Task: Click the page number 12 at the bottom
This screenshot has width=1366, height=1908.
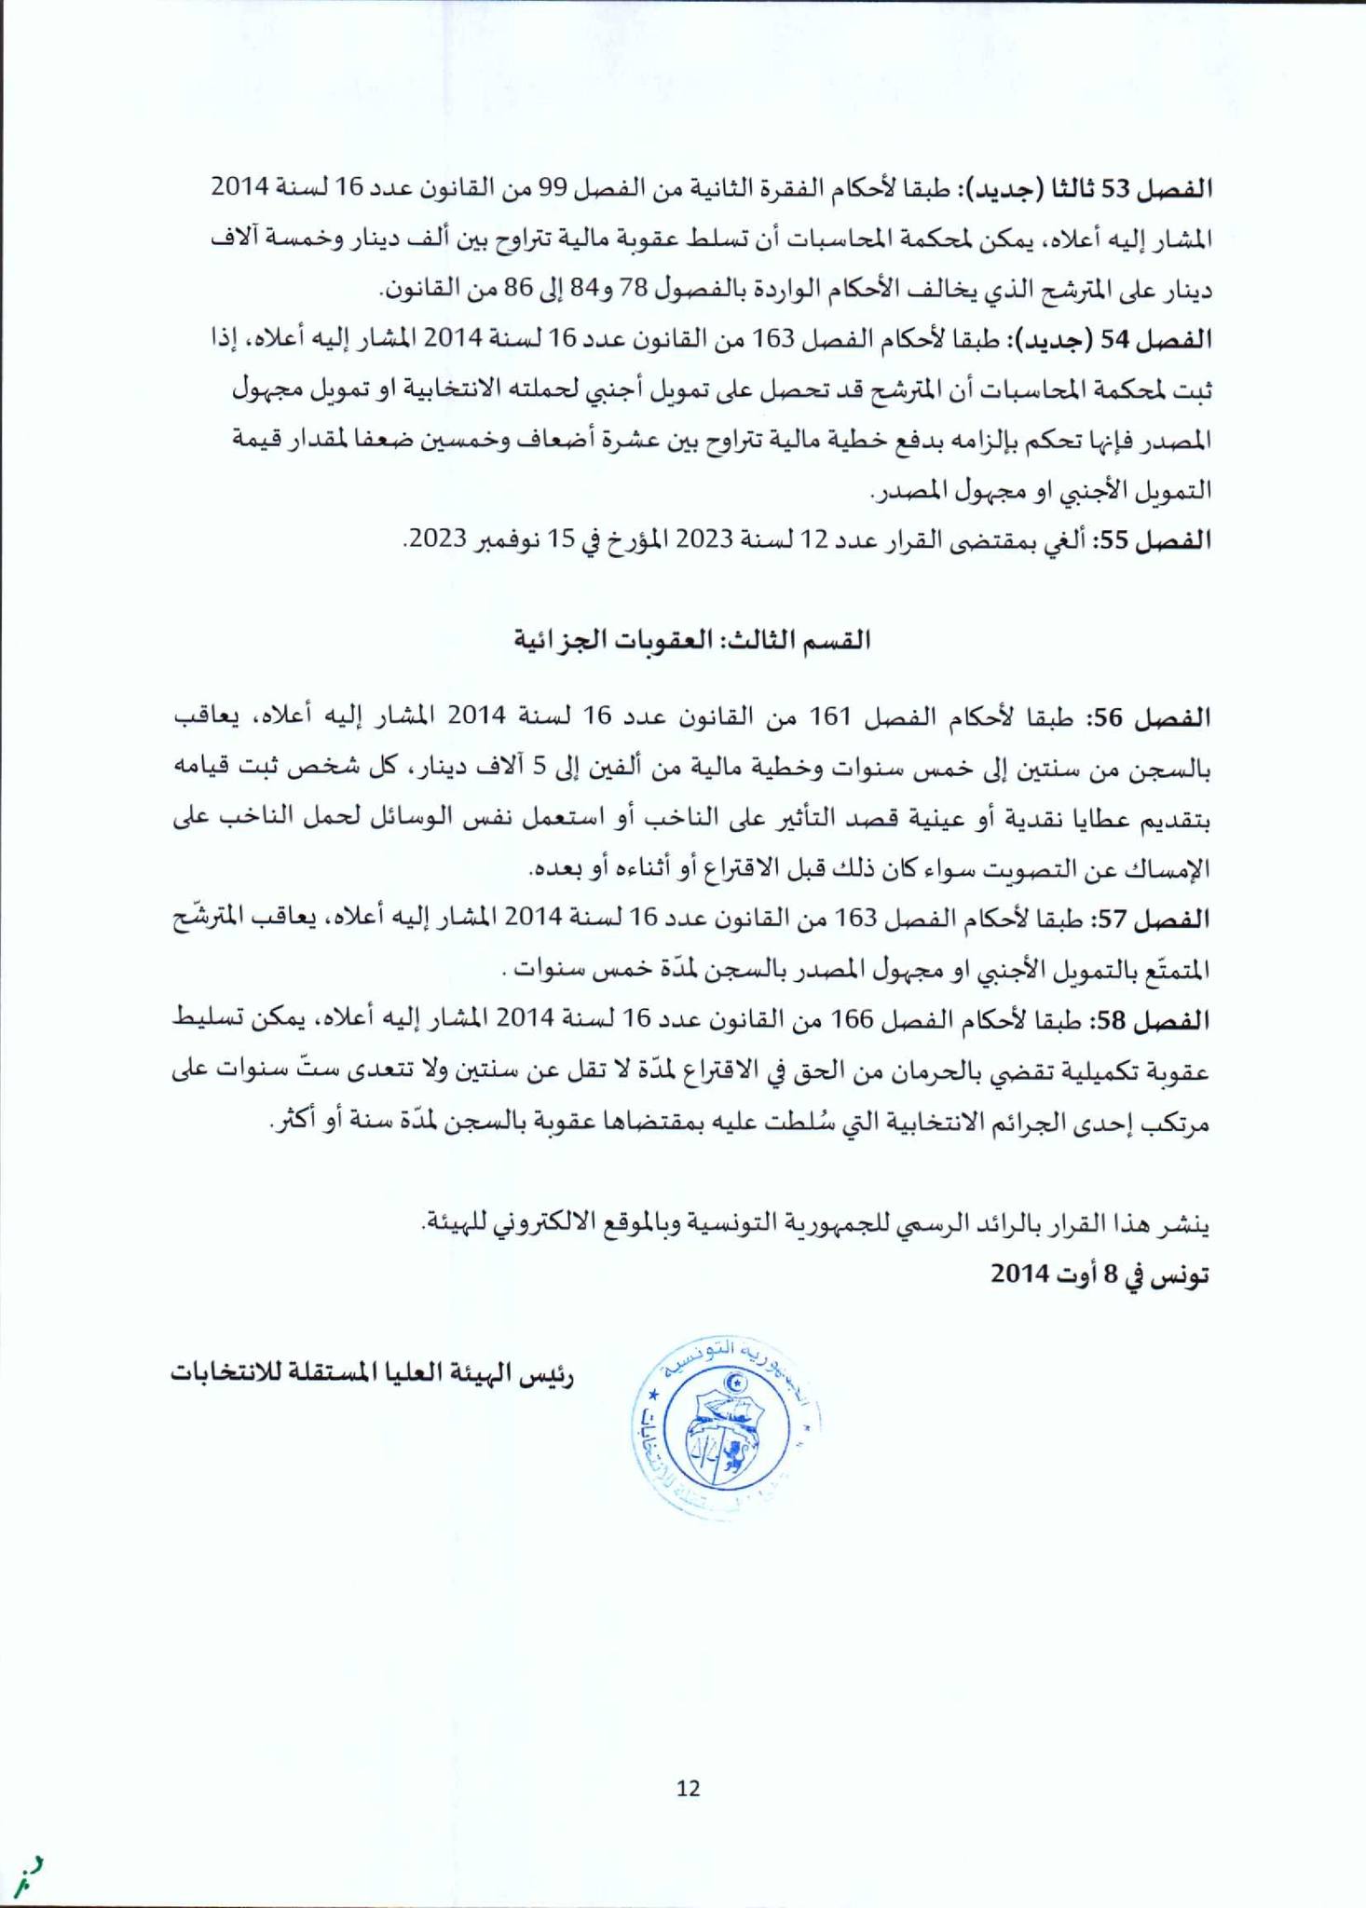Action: [689, 1788]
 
